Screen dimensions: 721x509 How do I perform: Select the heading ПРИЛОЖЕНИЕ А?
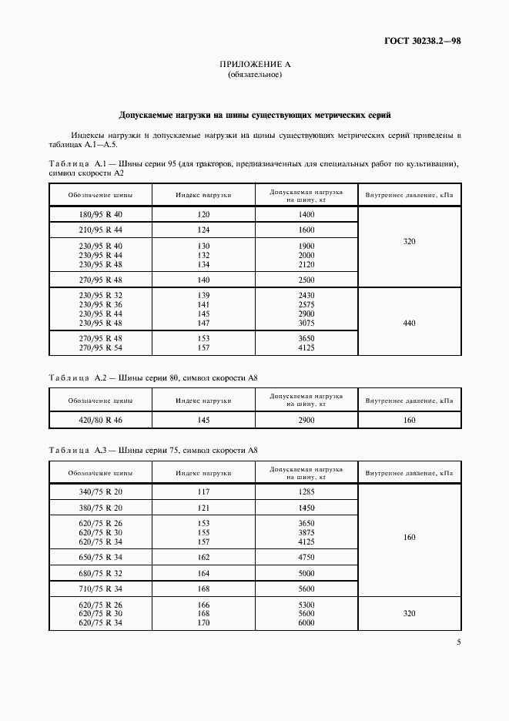[x=254, y=65]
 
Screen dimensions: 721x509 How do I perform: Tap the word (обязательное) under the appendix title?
[x=254, y=75]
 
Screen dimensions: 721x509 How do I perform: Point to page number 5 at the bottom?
[x=458, y=642]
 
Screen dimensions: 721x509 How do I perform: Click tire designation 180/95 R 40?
[x=100, y=214]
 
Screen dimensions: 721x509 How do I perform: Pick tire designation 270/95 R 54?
[x=100, y=347]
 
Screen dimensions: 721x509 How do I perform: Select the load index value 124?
[x=203, y=230]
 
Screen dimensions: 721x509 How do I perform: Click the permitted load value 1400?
[x=306, y=214]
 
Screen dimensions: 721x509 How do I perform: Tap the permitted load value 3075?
[x=306, y=323]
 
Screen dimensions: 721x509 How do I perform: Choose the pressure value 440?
[x=410, y=323]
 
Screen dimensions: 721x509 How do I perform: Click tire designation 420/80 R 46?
[x=100, y=420]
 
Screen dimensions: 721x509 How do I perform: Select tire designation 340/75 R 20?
[x=100, y=491]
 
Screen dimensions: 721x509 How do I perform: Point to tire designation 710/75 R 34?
[x=100, y=588]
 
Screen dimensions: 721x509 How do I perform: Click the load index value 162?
[x=203, y=555]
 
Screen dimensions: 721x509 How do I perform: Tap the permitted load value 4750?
[x=306, y=555]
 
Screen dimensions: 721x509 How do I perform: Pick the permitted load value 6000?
[x=306, y=622]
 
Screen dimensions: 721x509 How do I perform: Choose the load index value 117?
[x=203, y=491]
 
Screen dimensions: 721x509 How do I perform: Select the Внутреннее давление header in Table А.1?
[x=410, y=196]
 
